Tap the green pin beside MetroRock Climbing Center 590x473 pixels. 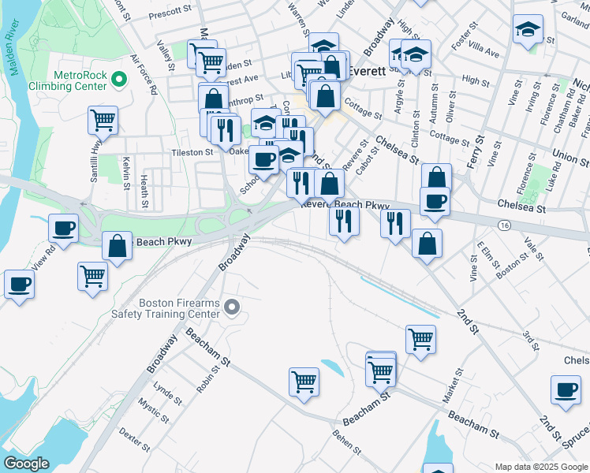tap(119, 79)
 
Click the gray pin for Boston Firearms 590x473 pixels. tap(231, 307)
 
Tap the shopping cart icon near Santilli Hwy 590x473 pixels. tap(103, 120)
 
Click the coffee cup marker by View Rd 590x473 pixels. tap(64, 229)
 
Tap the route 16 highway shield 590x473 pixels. tap(503, 225)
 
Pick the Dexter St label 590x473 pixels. tap(134, 440)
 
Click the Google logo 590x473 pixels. tap(26, 463)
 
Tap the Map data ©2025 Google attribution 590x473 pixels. tap(541, 467)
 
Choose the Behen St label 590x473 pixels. tap(346, 444)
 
